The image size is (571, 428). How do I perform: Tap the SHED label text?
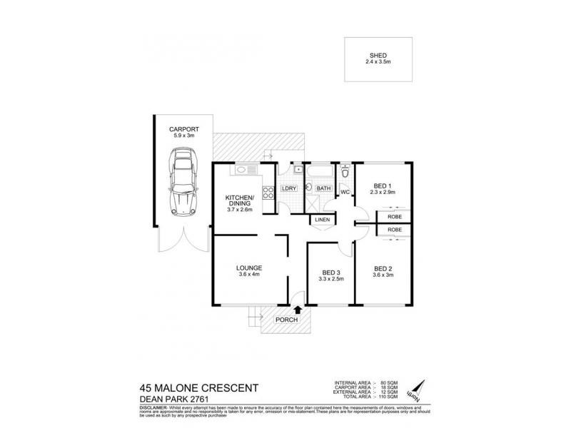[378, 56]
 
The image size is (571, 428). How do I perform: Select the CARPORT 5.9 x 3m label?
[183, 133]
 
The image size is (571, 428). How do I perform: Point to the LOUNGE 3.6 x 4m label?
[251, 272]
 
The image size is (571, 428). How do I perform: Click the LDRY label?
[289, 188]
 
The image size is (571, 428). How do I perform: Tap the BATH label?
[324, 188]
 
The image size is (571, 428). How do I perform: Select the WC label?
[343, 192]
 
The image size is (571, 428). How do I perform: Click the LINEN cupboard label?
[322, 220]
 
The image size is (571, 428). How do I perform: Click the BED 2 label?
[384, 272]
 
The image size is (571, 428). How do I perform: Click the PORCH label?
[286, 320]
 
